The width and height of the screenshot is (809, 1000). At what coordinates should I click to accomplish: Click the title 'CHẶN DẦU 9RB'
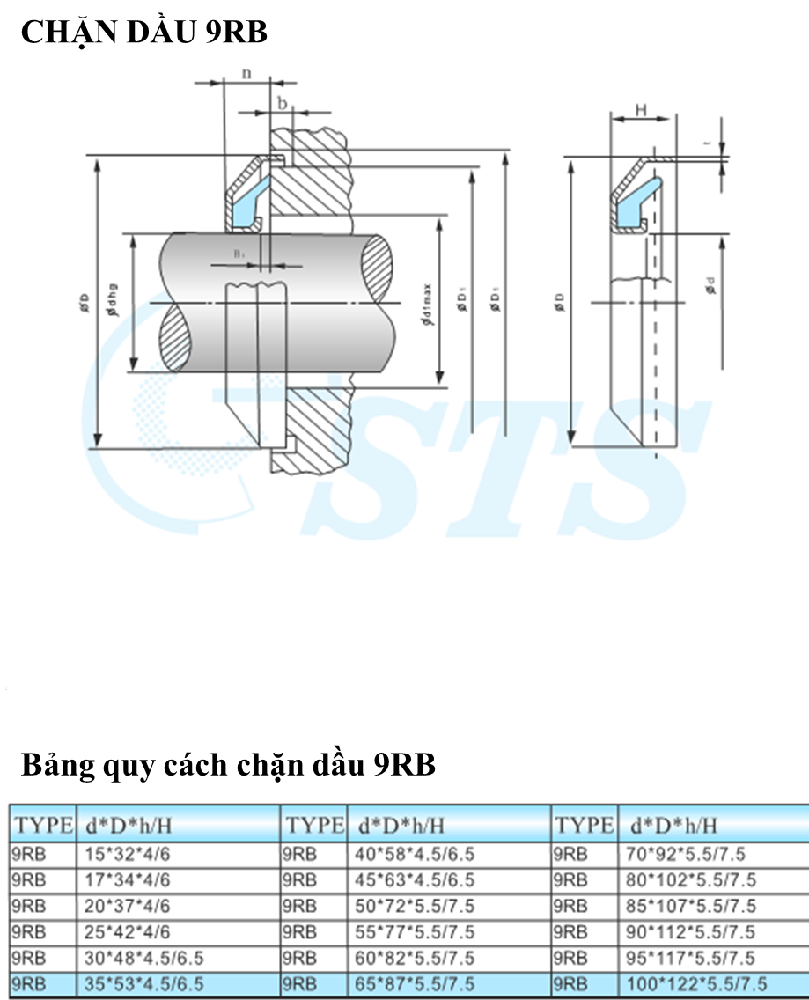(143, 33)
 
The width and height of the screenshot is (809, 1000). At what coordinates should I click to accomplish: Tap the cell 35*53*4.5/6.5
(144, 983)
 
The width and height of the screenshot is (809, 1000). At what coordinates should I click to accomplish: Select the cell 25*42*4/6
(129, 931)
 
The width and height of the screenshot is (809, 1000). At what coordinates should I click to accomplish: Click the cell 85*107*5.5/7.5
(692, 905)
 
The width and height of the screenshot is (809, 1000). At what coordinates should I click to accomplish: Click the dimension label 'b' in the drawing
(282, 103)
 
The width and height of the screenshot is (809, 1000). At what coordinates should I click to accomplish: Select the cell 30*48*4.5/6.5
(144, 958)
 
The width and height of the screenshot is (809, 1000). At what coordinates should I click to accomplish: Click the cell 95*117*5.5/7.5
(692, 958)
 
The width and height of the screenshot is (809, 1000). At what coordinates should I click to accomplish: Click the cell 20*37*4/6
(129, 905)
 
